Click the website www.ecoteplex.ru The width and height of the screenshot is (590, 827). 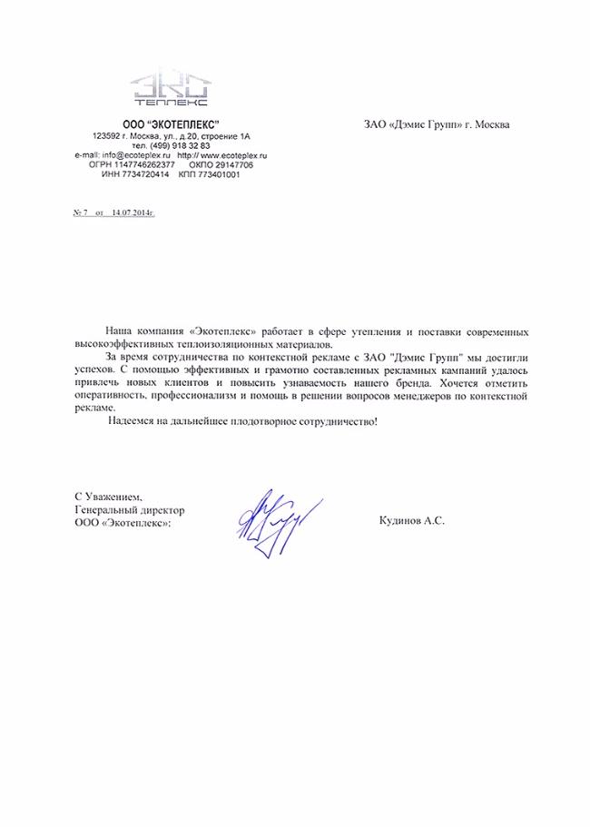(231, 155)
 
